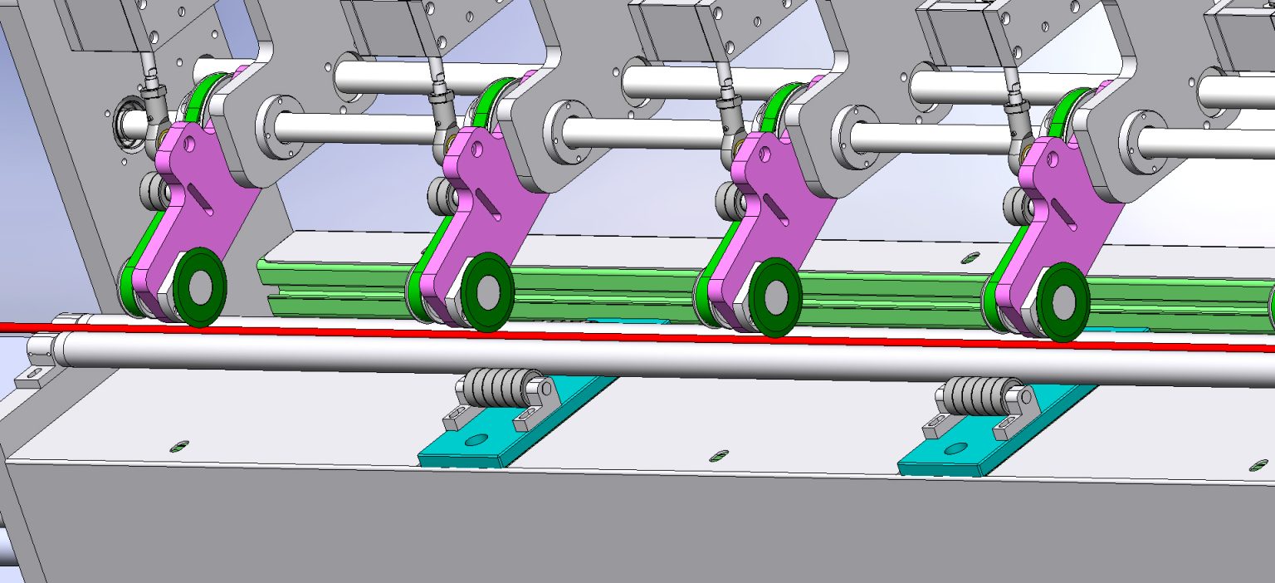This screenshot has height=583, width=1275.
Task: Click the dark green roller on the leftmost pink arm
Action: coord(200,287)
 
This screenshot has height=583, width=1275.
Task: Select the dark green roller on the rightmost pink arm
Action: coord(1064,301)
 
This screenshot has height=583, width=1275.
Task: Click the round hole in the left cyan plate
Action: coord(476,439)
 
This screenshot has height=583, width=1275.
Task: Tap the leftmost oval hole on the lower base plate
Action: coord(179,447)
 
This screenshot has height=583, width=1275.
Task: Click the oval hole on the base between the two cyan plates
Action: coord(720,455)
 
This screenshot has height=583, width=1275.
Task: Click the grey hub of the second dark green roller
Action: coord(487,291)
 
